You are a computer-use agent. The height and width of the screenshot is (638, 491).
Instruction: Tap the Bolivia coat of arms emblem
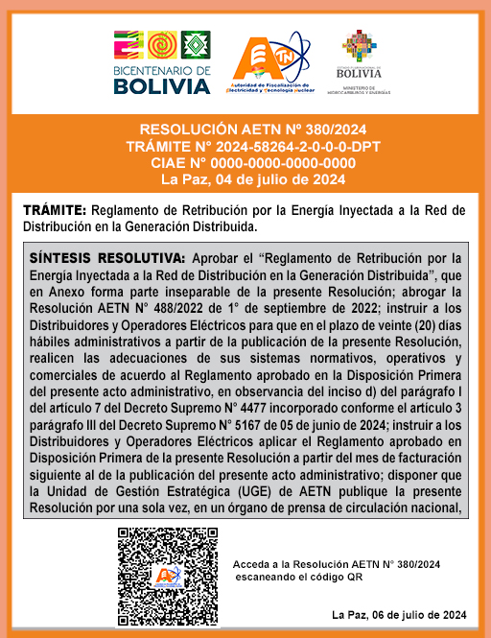point(359,46)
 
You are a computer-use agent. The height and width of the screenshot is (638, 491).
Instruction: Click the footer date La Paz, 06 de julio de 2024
point(398,615)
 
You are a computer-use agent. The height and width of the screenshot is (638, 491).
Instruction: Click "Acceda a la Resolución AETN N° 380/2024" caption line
point(337,563)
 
